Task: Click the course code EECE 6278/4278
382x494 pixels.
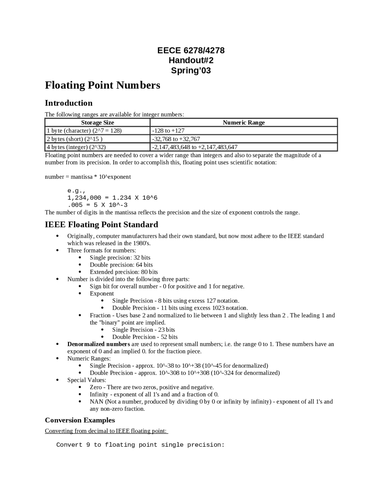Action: click(x=191, y=50)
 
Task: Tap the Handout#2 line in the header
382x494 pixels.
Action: click(x=191, y=61)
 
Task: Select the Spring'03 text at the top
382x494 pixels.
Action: click(x=191, y=71)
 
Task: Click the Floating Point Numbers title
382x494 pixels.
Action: click(x=102, y=85)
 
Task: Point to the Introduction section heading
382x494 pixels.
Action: click(x=69, y=103)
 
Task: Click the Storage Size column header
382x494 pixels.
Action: click(x=97, y=123)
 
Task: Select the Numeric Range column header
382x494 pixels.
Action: click(x=244, y=123)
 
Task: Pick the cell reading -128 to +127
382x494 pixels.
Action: click(x=168, y=131)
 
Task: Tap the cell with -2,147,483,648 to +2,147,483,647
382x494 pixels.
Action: click(x=195, y=147)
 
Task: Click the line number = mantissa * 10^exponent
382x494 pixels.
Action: click(x=88, y=177)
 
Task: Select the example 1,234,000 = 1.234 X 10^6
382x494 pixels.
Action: click(x=112, y=198)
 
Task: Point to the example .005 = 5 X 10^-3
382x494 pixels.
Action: click(x=97, y=205)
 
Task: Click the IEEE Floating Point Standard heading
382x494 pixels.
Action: click(x=101, y=225)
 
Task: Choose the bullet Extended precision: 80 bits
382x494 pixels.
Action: click(x=124, y=272)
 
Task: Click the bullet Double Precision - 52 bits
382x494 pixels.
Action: click(x=145, y=337)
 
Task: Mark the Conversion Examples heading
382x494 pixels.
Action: click(x=80, y=420)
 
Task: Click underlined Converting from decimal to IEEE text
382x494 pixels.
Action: click(x=106, y=431)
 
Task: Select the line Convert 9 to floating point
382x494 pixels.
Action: click(x=140, y=445)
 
